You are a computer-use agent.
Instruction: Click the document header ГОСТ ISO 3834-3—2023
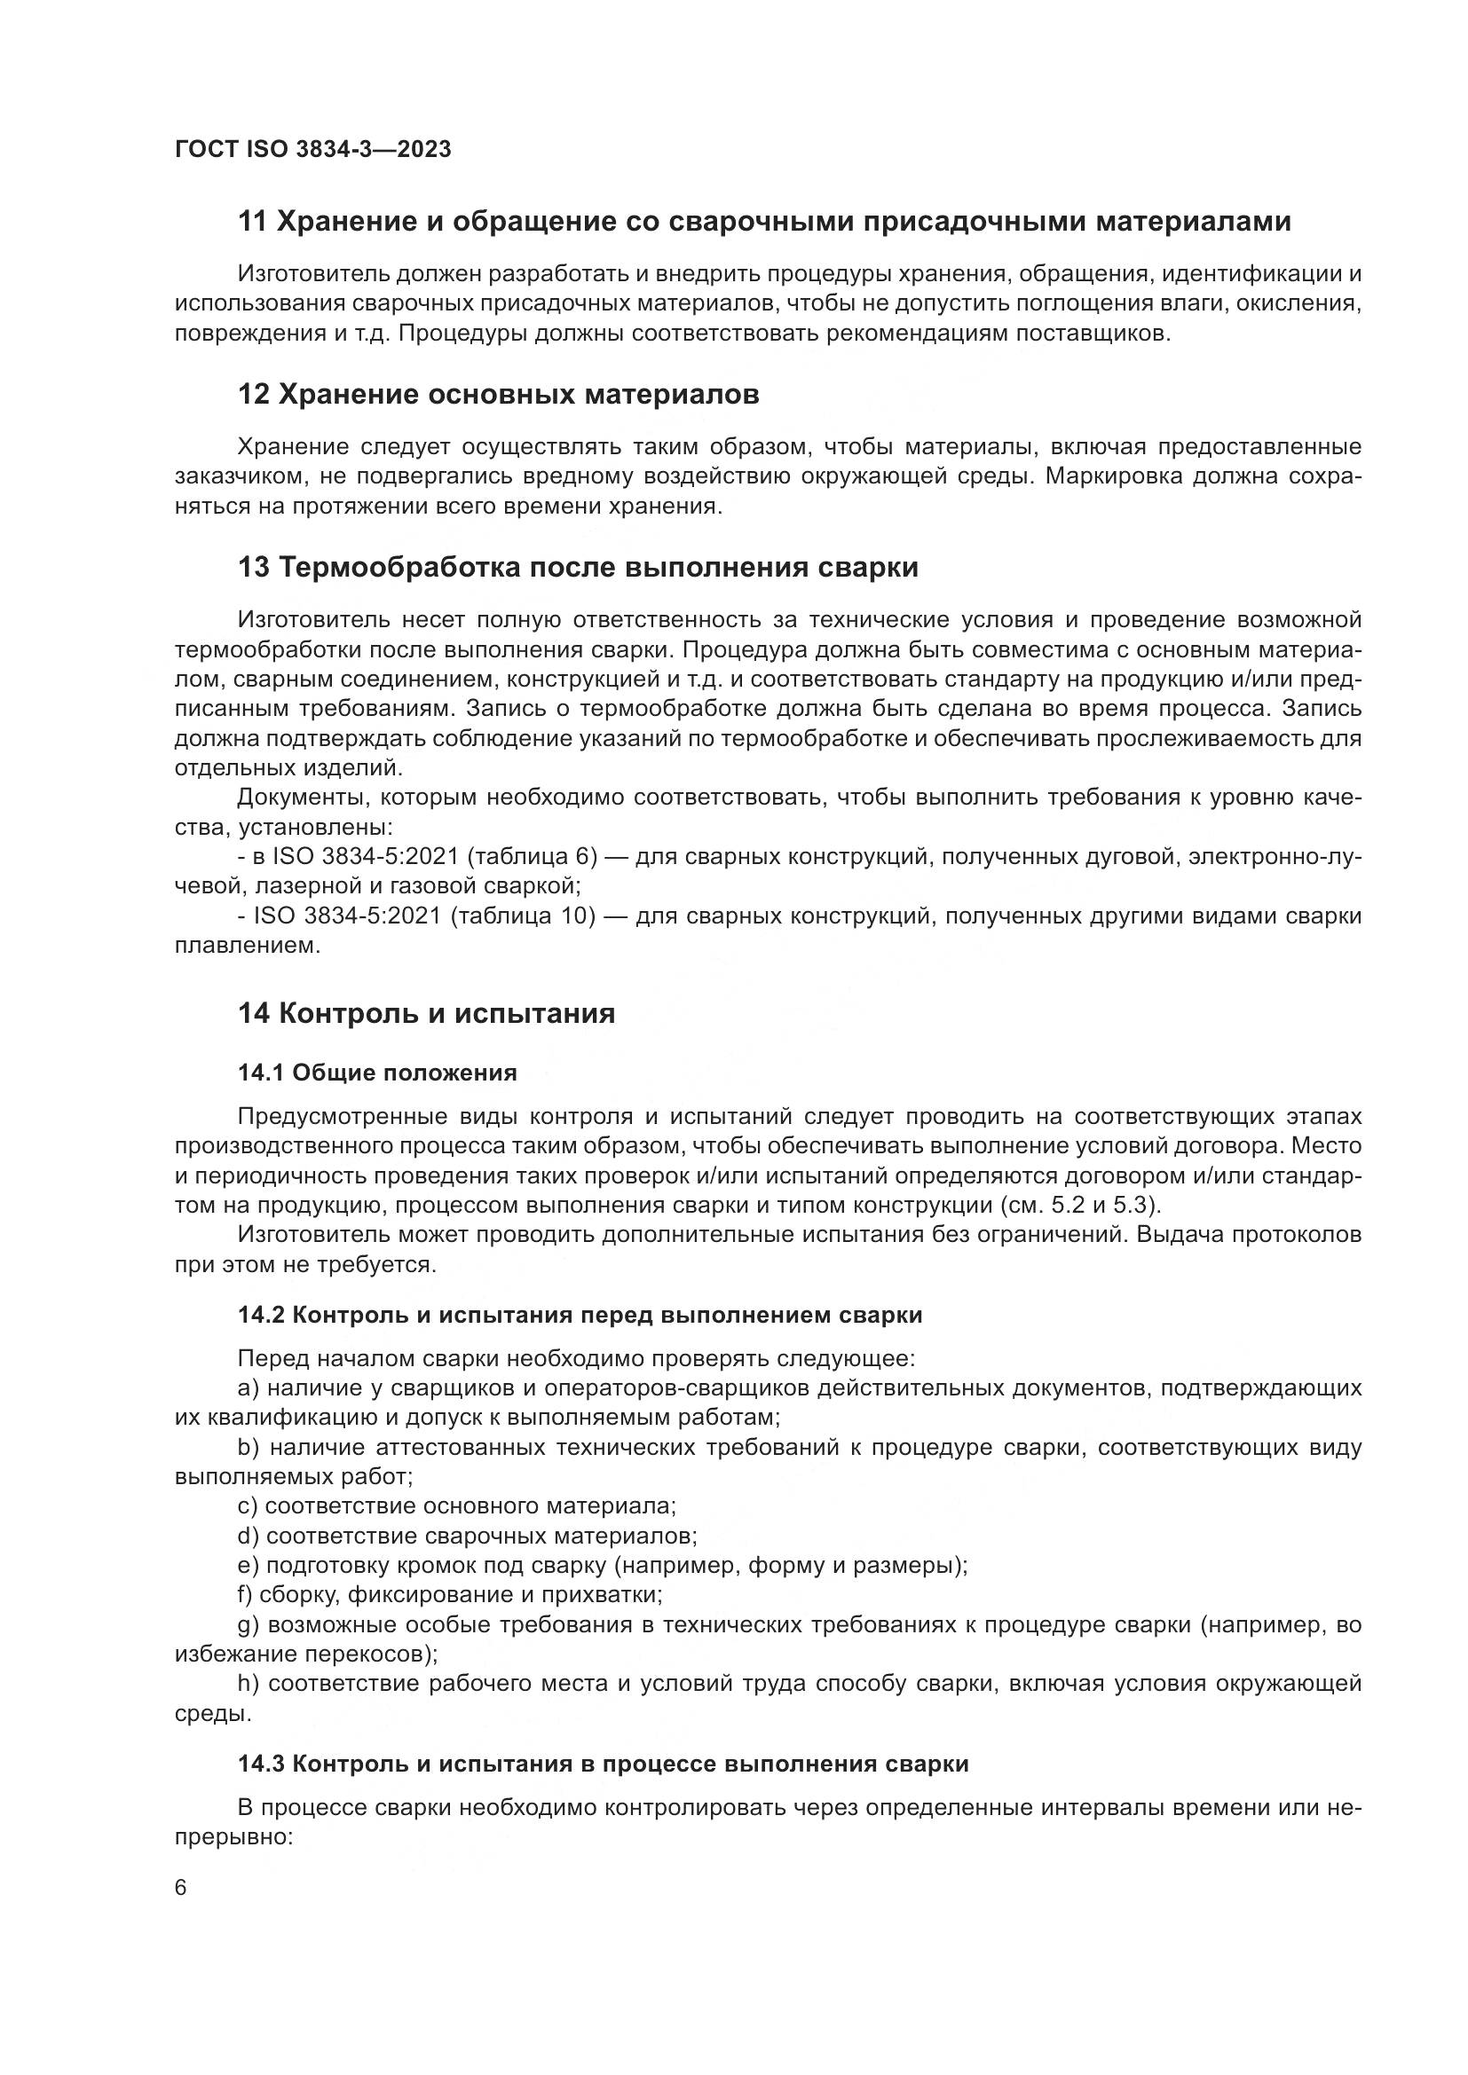[x=312, y=149]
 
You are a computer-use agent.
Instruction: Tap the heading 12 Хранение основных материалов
[x=498, y=395]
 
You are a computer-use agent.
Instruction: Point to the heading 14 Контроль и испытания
[x=426, y=1013]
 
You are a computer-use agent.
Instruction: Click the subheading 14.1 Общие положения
[x=377, y=1073]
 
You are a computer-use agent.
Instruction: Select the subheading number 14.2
[x=262, y=1315]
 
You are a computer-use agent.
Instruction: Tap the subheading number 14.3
[x=262, y=1765]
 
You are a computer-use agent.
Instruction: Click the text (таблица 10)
[x=529, y=916]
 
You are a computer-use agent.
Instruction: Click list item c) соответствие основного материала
[x=456, y=1506]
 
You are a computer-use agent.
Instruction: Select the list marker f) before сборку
[x=245, y=1595]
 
